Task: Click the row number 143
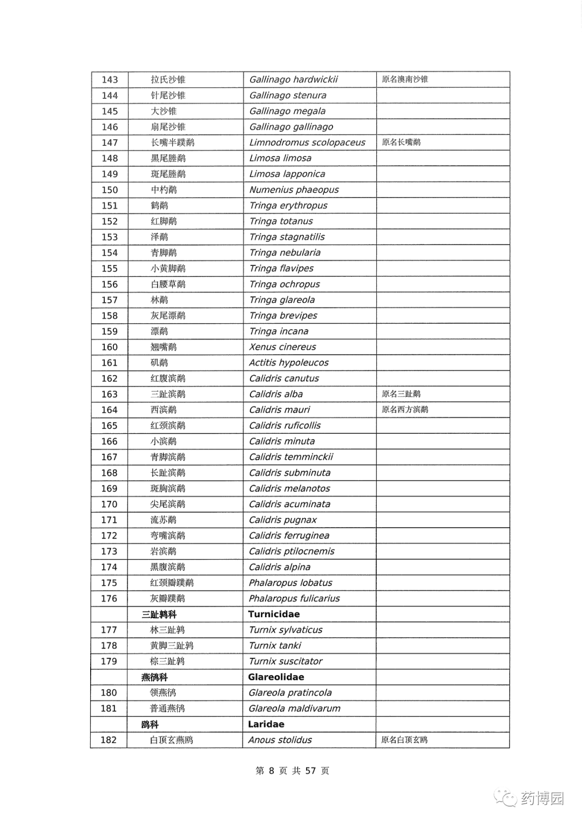tap(110, 80)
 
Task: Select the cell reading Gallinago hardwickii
tap(293, 80)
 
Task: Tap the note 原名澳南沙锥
tap(405, 79)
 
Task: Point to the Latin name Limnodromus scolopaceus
tap(307, 142)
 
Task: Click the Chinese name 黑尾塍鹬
tap(168, 158)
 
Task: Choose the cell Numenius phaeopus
tap(294, 190)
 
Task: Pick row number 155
tap(110, 269)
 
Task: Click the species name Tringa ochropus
tap(284, 284)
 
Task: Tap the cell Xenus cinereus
tap(282, 347)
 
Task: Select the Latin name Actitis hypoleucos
tap(289, 363)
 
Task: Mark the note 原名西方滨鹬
tap(405, 410)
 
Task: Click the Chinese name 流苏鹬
tap(163, 520)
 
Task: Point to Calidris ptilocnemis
tap(291, 551)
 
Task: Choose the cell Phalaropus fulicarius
tap(294, 598)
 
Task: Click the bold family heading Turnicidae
tap(274, 614)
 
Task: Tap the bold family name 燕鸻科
tap(154, 677)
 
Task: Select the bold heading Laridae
tap(266, 724)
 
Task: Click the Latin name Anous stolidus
tap(280, 740)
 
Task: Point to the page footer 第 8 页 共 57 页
tap(292, 771)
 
